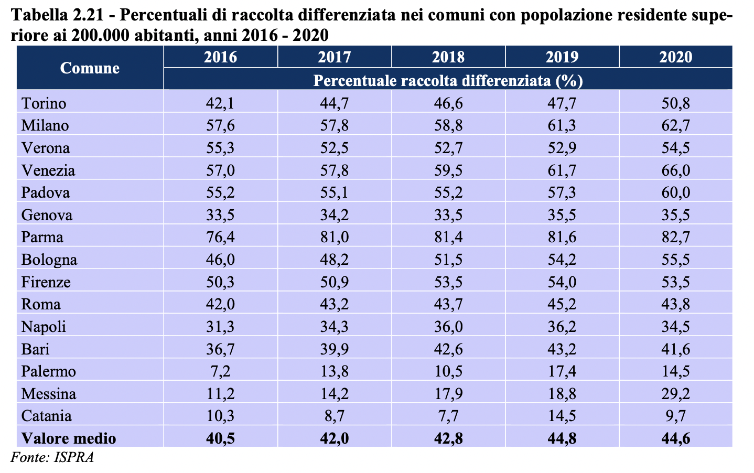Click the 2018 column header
(x=448, y=57)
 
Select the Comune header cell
(x=90, y=68)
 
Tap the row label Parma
(x=42, y=238)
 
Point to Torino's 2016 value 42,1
(x=220, y=103)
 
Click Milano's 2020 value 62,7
(x=676, y=126)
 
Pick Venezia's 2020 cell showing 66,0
(x=676, y=170)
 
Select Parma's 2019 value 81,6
(x=562, y=238)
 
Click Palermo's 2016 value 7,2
(x=220, y=371)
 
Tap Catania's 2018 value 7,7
(x=448, y=416)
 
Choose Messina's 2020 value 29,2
(x=676, y=394)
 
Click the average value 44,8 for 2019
(x=562, y=438)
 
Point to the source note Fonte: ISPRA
(x=52, y=457)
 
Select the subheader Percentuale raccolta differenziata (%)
(x=448, y=80)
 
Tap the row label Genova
(x=47, y=215)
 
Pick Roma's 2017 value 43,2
(x=335, y=305)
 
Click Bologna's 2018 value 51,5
(x=448, y=260)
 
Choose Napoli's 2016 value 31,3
(x=220, y=327)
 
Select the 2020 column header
(x=676, y=57)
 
